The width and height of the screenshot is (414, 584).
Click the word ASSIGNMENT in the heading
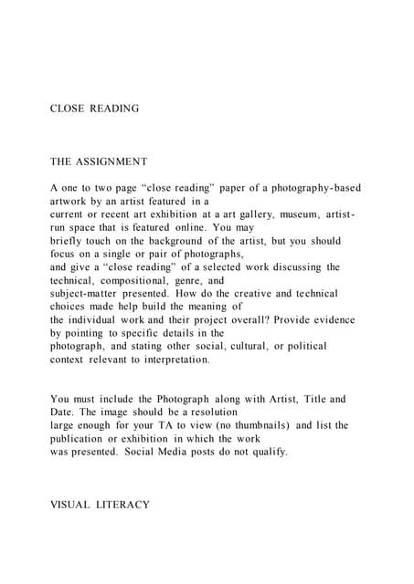coord(112,162)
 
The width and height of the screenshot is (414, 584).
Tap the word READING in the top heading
coord(115,109)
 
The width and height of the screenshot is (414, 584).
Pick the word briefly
coord(69,241)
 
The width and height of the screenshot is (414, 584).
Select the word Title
coord(309,400)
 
